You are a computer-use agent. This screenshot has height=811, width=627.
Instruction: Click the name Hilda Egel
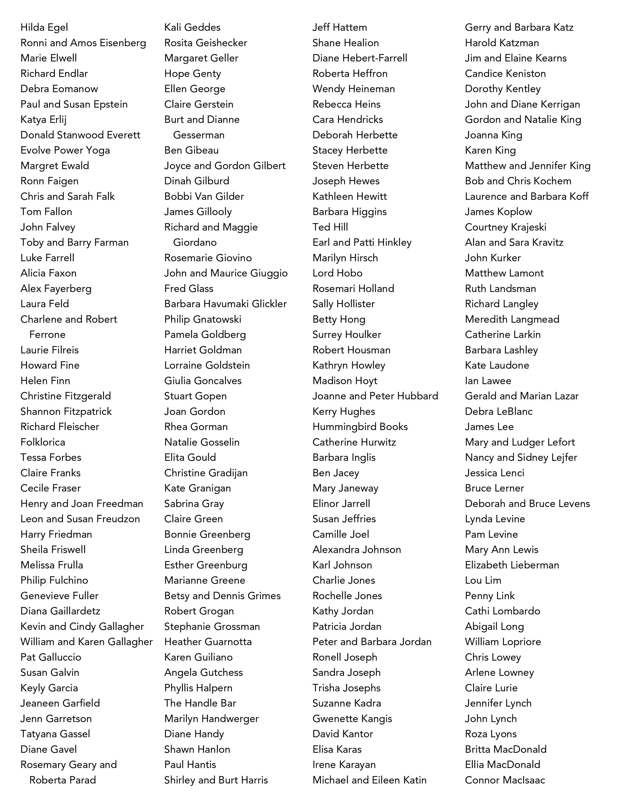[44, 28]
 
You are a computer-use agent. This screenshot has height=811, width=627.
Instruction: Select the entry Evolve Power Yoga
[65, 150]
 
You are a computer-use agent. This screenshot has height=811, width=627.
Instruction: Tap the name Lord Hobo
[337, 273]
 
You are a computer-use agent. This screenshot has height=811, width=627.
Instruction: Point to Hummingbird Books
[360, 427]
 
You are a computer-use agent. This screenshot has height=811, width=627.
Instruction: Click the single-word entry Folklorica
[43, 442]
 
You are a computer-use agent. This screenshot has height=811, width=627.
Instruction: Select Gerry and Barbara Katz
[519, 28]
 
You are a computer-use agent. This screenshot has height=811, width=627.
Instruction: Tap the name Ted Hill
[330, 227]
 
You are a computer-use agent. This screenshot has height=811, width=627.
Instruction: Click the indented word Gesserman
[199, 135]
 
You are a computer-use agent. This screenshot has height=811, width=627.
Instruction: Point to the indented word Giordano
[195, 243]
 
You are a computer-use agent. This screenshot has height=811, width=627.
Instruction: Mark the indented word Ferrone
[47, 334]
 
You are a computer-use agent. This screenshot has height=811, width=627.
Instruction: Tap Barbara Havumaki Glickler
[225, 304]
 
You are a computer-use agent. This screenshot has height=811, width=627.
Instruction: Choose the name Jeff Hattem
[340, 28]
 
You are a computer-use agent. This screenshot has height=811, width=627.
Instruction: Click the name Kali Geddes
[192, 28]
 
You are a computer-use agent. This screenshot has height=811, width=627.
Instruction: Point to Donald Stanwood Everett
[80, 135]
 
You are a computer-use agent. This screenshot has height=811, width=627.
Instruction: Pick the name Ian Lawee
[488, 381]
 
